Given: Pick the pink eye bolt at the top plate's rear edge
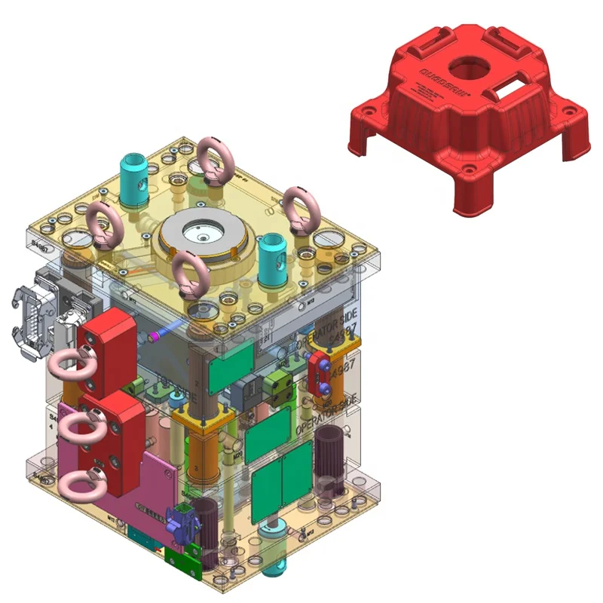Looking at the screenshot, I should [214, 160].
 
